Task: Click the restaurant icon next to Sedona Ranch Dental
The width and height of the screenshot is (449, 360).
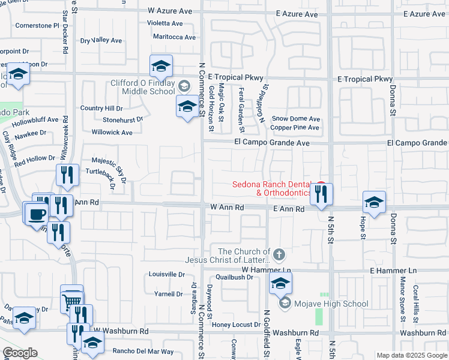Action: pos(321,194)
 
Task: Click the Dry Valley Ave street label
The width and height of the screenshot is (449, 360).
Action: pos(101,40)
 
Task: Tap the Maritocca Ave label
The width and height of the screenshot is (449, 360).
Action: pos(174,37)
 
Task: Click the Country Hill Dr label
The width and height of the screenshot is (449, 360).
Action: pos(101,109)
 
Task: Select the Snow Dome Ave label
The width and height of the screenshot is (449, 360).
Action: pos(295,119)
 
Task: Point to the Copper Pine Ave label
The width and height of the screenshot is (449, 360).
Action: pos(295,128)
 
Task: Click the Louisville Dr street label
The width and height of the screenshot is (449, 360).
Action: pos(166,274)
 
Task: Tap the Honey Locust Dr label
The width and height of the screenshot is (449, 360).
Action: pos(236,325)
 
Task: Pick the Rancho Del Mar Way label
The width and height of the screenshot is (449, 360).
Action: pos(143,352)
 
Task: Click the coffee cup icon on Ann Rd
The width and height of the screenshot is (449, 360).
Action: pos(37,213)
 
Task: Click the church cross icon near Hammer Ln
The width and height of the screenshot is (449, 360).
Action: pos(277,256)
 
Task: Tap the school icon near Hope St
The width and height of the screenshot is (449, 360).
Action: pos(373,202)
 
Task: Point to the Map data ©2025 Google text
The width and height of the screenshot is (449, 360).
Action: pos(411,355)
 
